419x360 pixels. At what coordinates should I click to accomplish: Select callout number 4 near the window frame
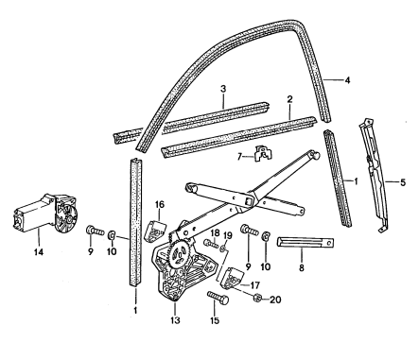347,80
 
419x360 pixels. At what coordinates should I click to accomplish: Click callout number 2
288,97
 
